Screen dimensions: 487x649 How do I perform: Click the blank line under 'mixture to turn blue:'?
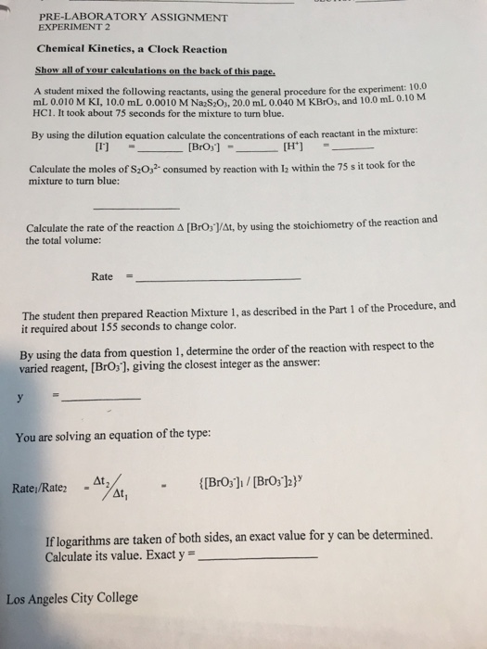pyautogui.click(x=144, y=208)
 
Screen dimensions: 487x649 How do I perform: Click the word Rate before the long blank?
pyautogui.click(x=102, y=276)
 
